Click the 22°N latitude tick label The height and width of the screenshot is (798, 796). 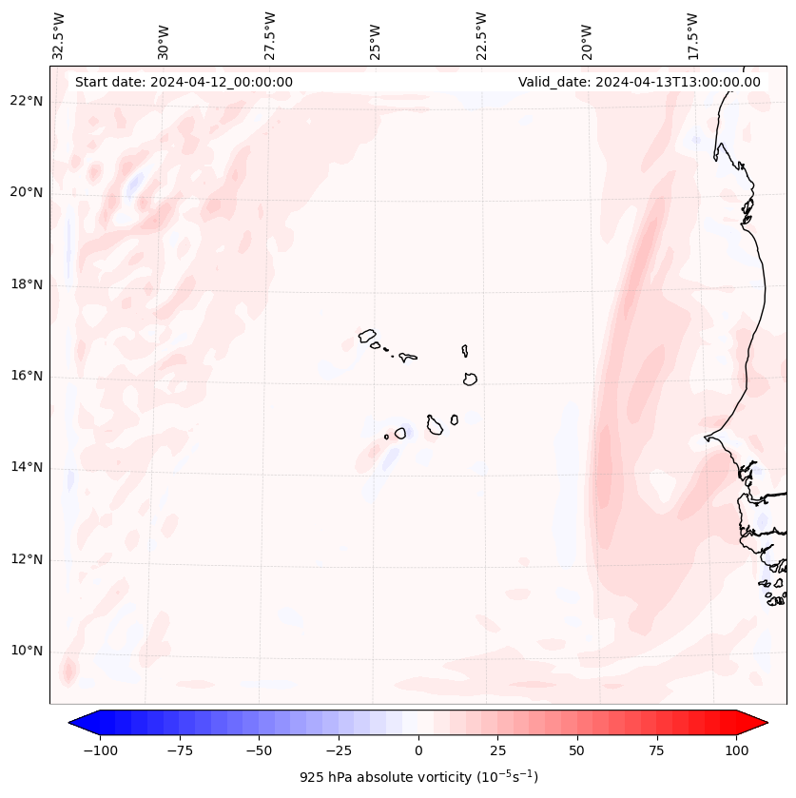27,101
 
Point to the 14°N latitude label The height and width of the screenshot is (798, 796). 27,468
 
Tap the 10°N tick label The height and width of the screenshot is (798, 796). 27,652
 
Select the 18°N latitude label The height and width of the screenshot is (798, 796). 27,284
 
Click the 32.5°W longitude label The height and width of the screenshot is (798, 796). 59,35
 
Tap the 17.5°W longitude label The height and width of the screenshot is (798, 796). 692,35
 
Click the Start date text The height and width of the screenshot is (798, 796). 184,82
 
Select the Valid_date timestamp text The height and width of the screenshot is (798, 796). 639,82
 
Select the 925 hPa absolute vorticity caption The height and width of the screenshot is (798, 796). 418,777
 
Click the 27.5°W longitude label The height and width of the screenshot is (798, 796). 270,35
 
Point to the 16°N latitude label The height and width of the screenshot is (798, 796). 27,376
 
